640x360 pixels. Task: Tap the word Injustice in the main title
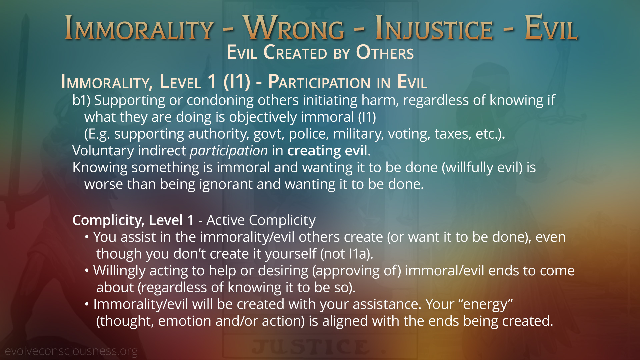(x=434, y=29)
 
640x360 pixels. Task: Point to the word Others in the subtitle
(x=385, y=52)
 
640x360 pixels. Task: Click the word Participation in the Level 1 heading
(x=320, y=82)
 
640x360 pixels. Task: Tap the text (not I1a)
(x=347, y=254)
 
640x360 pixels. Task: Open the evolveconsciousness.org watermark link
(x=71, y=351)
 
